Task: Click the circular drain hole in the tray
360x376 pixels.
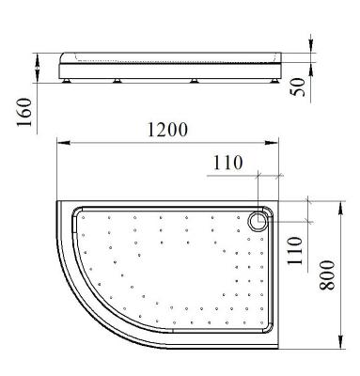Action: coord(258,222)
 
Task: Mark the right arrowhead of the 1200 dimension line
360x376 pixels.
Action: coord(278,143)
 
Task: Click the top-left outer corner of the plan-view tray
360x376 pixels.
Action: coord(60,200)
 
